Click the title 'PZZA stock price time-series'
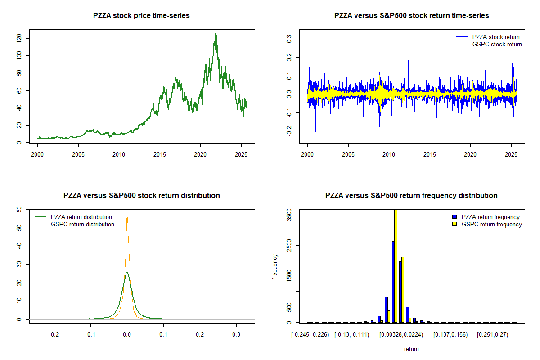click(x=141, y=16)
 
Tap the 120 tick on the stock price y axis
click(x=19, y=38)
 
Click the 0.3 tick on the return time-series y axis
click(x=289, y=39)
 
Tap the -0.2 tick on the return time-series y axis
click(x=289, y=131)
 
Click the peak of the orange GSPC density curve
click(x=127, y=216)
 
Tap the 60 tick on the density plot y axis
click(x=19, y=209)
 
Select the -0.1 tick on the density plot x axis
click(x=90, y=335)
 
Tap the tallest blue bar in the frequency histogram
click(x=393, y=282)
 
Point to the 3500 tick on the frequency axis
click(x=289, y=216)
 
